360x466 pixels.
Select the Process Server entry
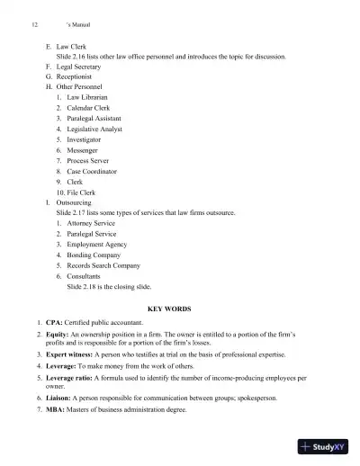(x=91, y=160)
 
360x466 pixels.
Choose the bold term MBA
(x=56, y=409)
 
